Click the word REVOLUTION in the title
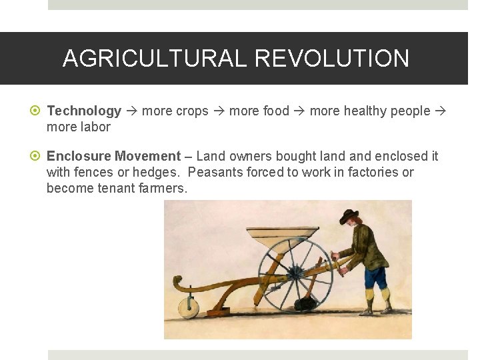click(x=331, y=59)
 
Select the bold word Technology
click(x=84, y=111)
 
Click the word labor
click(x=95, y=127)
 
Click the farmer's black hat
click(x=348, y=215)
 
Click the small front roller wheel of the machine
click(x=188, y=307)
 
